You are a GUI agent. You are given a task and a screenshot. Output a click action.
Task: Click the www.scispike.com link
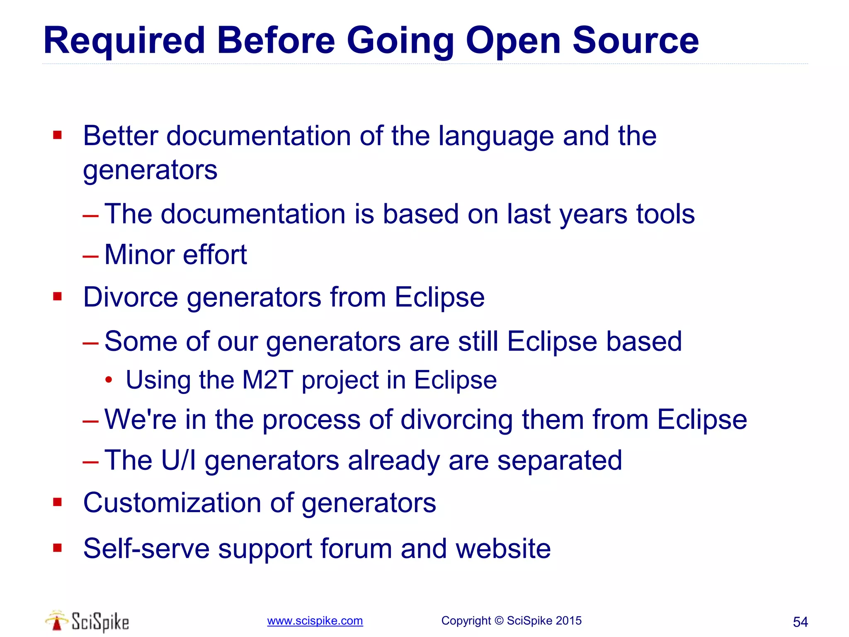[x=315, y=621]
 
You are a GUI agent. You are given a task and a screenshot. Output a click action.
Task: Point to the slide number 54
[x=800, y=622]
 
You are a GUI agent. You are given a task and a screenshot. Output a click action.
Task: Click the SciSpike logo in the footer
[x=87, y=621]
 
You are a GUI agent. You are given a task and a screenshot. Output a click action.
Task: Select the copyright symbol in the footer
[x=499, y=621]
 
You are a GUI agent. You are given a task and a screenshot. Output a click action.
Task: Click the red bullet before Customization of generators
[x=57, y=503]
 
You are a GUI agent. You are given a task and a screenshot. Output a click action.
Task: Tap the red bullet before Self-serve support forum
[x=57, y=548]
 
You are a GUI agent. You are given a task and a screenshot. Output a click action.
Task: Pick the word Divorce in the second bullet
[x=131, y=297]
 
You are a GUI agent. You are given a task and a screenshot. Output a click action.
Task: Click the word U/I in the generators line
[x=178, y=460]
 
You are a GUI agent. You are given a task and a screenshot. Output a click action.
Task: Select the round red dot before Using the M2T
[x=109, y=380]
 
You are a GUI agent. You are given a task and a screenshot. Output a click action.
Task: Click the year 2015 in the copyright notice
[x=568, y=621]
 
